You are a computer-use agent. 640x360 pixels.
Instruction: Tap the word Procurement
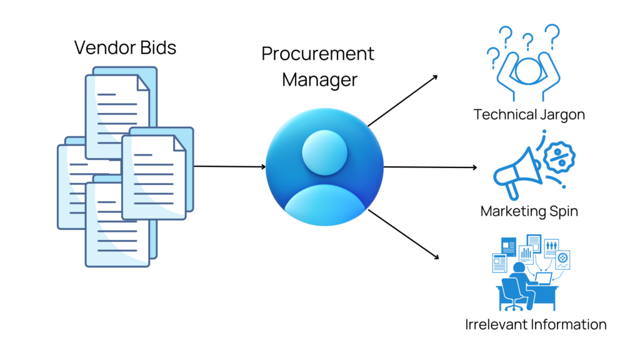coord(317,54)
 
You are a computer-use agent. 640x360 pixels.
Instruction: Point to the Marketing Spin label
coord(529,211)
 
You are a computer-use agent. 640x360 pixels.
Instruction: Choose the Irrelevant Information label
coord(536,324)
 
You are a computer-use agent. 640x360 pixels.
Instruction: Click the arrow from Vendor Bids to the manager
coord(230,166)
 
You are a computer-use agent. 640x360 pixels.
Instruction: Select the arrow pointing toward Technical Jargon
coord(403,100)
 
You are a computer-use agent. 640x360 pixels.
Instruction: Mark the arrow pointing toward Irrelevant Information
coord(403,234)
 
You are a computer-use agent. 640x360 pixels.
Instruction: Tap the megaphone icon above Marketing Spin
coord(516,168)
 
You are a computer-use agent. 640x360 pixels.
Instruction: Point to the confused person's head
coord(527,68)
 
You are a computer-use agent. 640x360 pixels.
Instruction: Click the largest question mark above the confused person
coord(551,34)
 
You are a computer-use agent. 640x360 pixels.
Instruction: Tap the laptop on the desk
coord(542,279)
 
